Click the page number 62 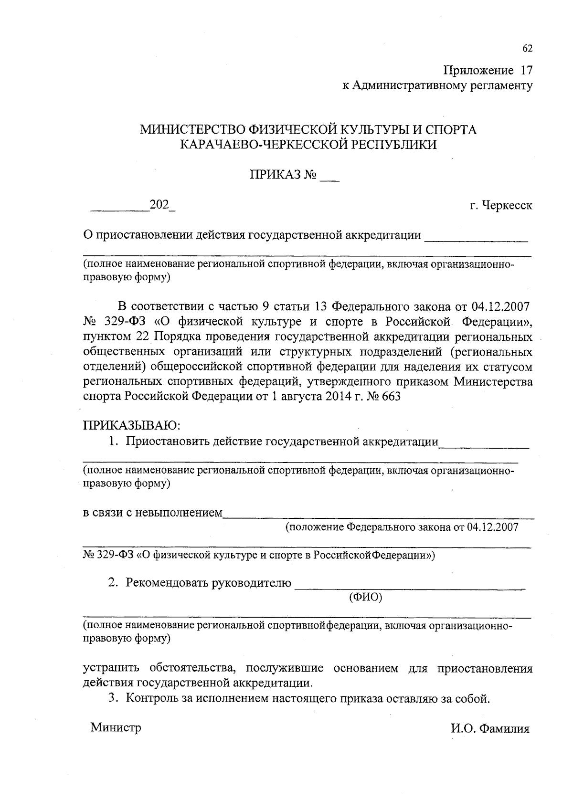(527, 49)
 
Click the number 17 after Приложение (525, 71)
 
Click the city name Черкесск (507, 206)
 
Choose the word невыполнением (179, 514)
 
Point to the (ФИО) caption (366, 597)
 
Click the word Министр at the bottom (116, 728)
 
